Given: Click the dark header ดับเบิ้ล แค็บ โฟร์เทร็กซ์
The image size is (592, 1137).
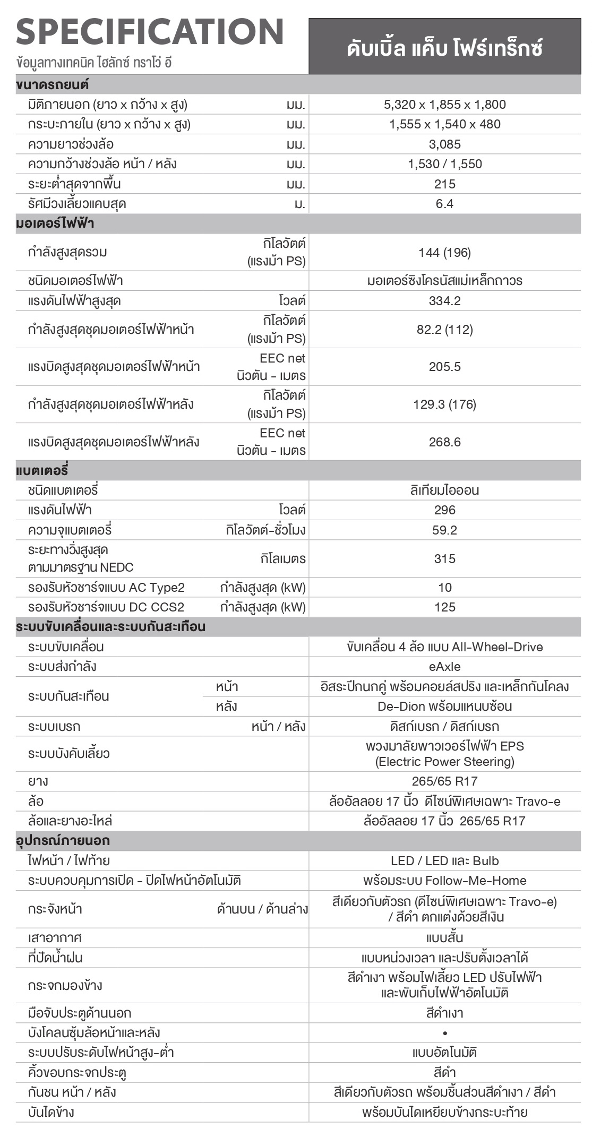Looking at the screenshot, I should pyautogui.click(x=444, y=48).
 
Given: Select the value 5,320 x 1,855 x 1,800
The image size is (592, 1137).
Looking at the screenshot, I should pyautogui.click(x=444, y=105).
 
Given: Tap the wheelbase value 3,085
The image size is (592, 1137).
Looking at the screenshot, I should pyautogui.click(x=444, y=144).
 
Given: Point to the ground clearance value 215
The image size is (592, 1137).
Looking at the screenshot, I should pyautogui.click(x=444, y=184).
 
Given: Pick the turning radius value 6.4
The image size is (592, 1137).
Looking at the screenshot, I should pyautogui.click(x=444, y=204).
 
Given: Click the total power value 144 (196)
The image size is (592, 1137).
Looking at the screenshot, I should pyautogui.click(x=444, y=253).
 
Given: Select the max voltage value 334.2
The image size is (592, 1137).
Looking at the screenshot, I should pyautogui.click(x=444, y=301).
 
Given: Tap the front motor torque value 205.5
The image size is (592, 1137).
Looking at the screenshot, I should pyautogui.click(x=444, y=367).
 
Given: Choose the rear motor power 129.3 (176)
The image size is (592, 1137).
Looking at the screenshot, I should pyautogui.click(x=444, y=404).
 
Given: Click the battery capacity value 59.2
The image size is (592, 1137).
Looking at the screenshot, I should pyautogui.click(x=444, y=530).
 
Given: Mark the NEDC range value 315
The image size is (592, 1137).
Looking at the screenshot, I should pyautogui.click(x=444, y=558).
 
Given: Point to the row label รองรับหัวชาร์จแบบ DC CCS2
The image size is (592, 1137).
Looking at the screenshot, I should pyautogui.click(x=106, y=607).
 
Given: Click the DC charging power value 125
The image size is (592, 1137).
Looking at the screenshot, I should pyautogui.click(x=444, y=607).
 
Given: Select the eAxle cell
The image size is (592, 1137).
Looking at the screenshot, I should pyautogui.click(x=444, y=667).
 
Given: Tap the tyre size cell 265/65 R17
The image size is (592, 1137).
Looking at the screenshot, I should pyautogui.click(x=444, y=781).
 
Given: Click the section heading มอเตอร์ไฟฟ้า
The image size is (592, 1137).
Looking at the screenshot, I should pyautogui.click(x=55, y=223).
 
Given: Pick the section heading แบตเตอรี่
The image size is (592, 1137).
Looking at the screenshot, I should pyautogui.click(x=42, y=470).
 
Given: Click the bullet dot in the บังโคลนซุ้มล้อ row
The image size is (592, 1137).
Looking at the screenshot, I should pyautogui.click(x=444, y=1033).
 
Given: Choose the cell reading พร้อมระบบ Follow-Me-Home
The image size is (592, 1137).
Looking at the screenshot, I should pyautogui.click(x=444, y=881).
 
